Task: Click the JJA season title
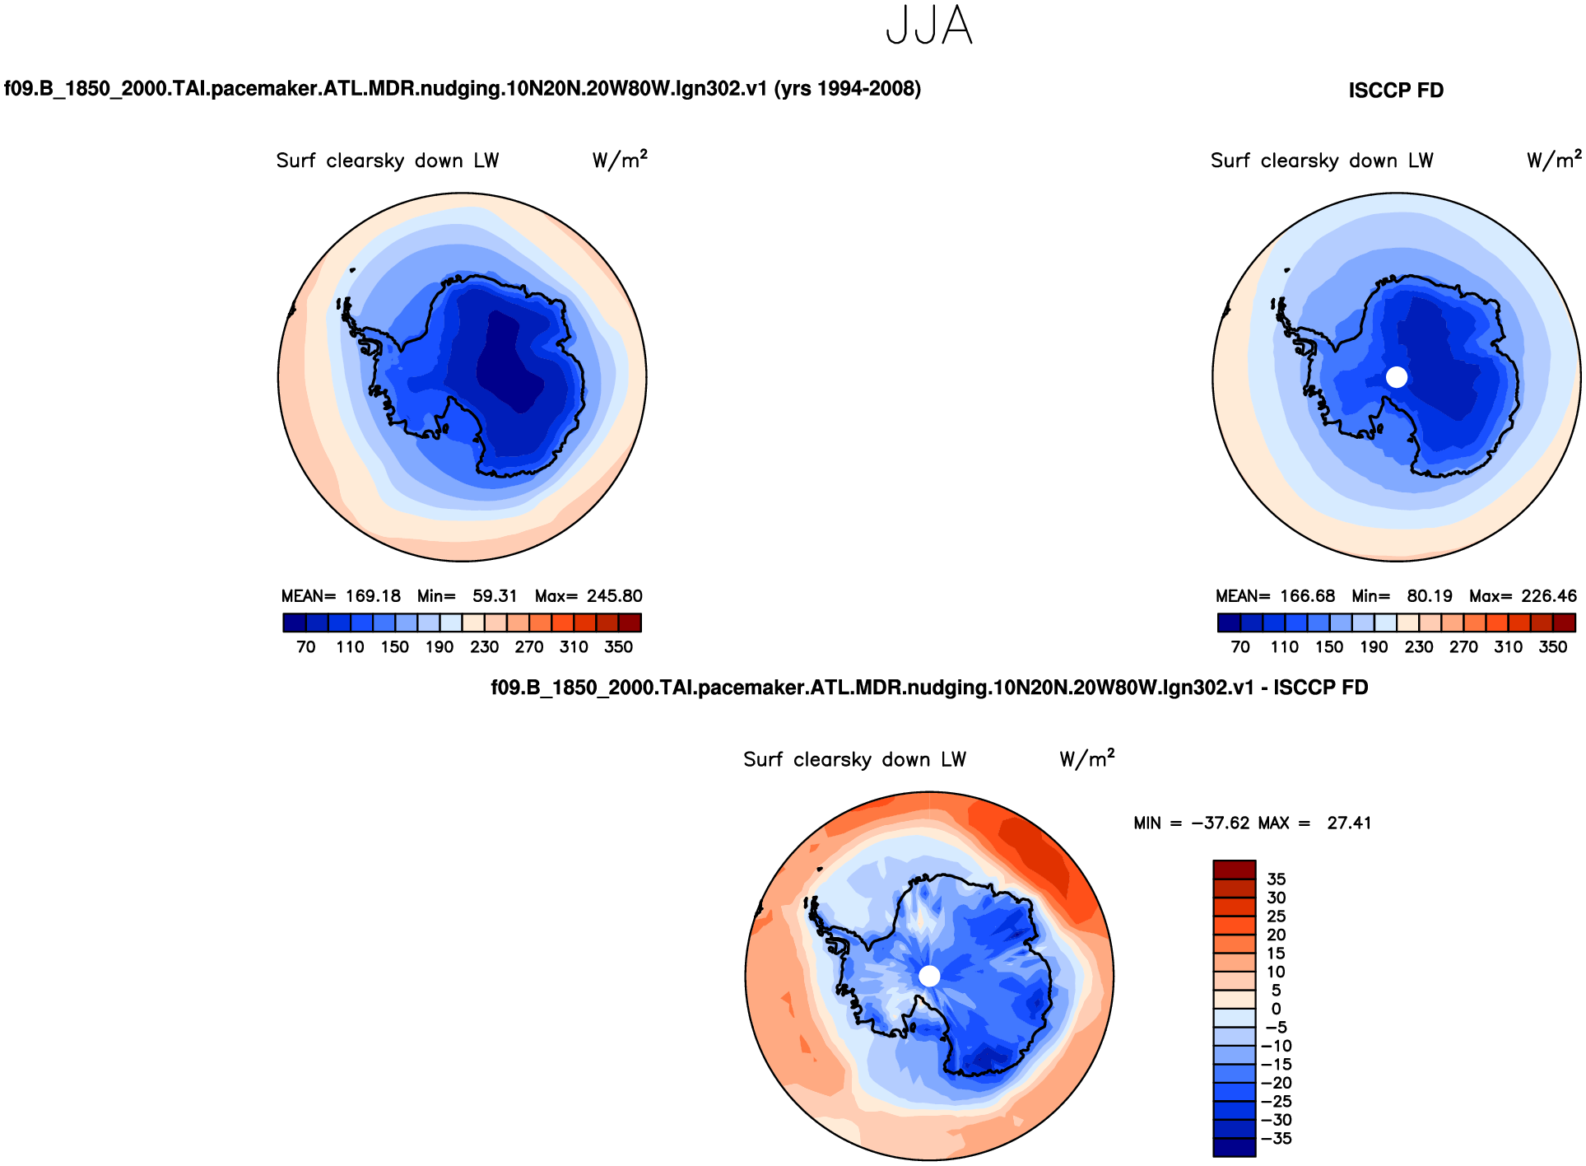click(929, 26)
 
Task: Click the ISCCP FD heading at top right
click(1396, 91)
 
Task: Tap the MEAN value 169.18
click(373, 596)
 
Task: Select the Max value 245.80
click(614, 596)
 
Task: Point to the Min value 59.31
click(495, 596)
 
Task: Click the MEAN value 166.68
click(1307, 596)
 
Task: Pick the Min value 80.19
click(1430, 596)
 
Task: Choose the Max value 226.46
click(1549, 596)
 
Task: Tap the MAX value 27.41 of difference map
click(1349, 823)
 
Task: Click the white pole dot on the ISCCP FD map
click(1397, 377)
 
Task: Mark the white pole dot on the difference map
click(929, 976)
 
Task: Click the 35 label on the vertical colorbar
click(1276, 879)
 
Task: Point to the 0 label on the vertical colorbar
click(1276, 1009)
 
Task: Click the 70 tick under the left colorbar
click(306, 647)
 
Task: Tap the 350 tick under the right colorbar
click(1552, 647)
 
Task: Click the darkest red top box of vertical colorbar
click(1234, 870)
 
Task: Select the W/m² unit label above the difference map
click(1086, 758)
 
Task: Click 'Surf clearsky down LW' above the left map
click(388, 161)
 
